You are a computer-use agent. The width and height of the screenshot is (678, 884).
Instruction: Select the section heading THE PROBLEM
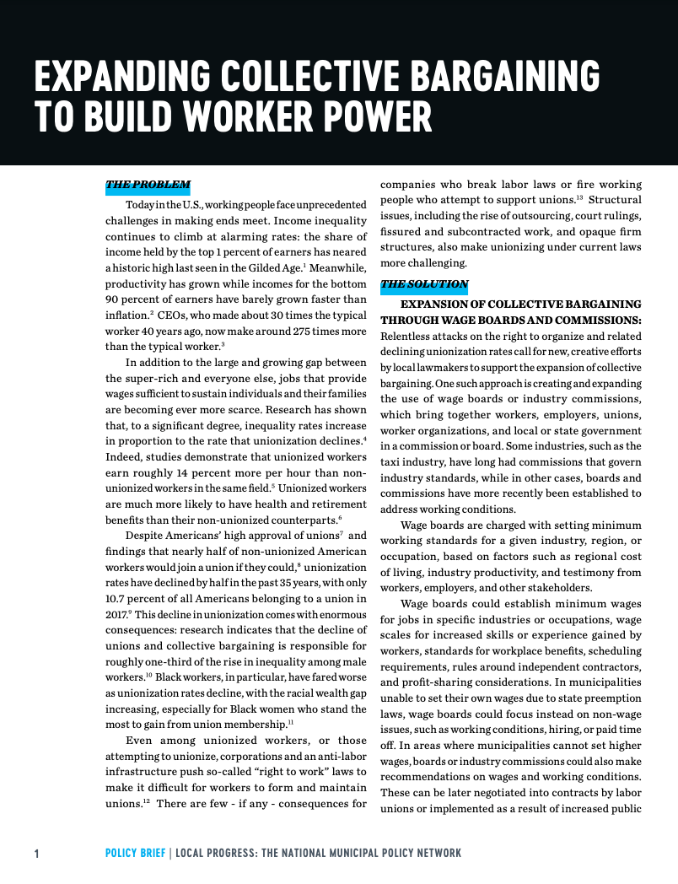148,186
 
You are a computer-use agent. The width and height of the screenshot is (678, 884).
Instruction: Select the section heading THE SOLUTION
424,285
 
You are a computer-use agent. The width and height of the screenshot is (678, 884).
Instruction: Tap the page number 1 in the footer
36,854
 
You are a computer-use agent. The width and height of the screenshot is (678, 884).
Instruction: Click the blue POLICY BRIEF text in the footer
135,854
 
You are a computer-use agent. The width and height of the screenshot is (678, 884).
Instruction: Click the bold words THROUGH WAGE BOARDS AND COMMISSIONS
510,321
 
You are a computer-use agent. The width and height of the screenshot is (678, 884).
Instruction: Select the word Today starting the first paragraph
140,205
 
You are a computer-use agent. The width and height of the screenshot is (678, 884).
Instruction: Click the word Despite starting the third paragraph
145,535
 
